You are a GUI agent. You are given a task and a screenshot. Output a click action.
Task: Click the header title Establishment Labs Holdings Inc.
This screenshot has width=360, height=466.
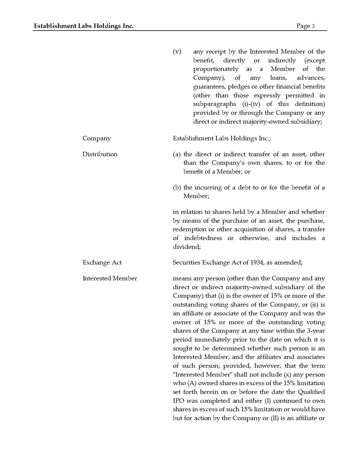pyautogui.click(x=84, y=26)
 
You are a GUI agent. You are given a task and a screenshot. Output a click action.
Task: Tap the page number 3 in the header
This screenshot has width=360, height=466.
pyautogui.click(x=313, y=26)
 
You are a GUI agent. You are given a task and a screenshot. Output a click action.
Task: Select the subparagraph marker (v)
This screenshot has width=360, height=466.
pyautogui.click(x=177, y=52)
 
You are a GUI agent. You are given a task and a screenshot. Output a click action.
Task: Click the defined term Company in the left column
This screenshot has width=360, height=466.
pyautogui.click(x=96, y=139)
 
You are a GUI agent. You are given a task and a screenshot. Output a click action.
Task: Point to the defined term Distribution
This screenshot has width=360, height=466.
pyautogui.click(x=100, y=154)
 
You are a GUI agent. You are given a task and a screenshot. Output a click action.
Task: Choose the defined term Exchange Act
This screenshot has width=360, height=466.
pyautogui.click(x=102, y=263)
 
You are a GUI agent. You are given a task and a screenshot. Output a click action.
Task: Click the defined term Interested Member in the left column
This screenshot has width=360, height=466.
pyautogui.click(x=110, y=279)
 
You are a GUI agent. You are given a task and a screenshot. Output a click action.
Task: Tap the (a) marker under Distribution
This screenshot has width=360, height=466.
pyautogui.click(x=176, y=154)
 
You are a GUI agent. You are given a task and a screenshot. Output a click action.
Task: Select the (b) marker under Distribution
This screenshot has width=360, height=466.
pyautogui.click(x=176, y=188)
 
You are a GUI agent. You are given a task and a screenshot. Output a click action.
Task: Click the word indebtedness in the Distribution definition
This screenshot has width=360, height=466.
pyautogui.click(x=203, y=238)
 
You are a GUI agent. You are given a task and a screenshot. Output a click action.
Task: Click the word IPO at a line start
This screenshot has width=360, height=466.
pyautogui.click(x=179, y=401)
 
